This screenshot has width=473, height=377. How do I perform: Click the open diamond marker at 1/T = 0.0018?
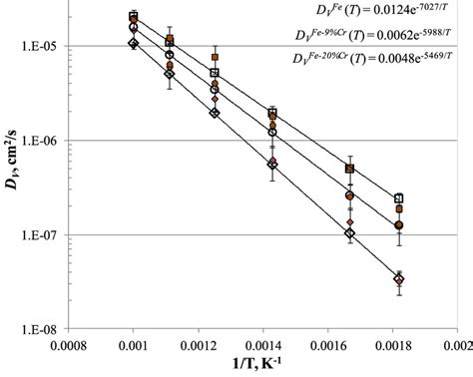[399, 279]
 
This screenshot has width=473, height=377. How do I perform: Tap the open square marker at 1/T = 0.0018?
[399, 198]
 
